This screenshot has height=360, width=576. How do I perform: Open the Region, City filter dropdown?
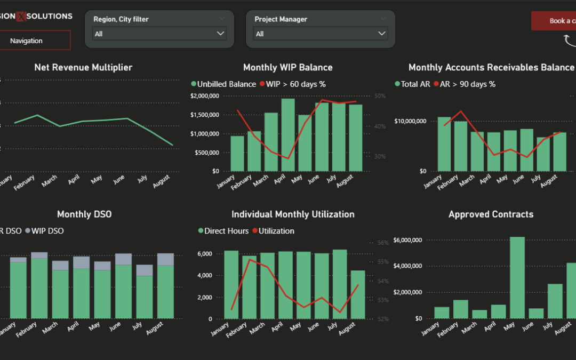[159, 34]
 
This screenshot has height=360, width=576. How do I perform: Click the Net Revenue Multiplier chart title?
[83, 67]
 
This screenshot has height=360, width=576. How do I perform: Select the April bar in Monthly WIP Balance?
[288, 135]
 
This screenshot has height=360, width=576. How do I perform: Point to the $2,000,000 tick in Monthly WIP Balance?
[204, 96]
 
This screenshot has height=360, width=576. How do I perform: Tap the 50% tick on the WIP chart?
[380, 96]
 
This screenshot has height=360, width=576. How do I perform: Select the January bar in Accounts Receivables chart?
[444, 144]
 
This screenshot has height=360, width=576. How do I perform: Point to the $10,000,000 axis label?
[410, 121]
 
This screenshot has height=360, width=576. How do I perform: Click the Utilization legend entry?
[275, 231]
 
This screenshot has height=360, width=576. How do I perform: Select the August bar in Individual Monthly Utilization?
[358, 294]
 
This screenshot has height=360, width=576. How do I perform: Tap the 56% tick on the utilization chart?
[383, 243]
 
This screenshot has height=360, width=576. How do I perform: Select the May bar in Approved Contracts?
[517, 278]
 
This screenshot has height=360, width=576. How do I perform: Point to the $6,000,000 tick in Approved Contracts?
[408, 240]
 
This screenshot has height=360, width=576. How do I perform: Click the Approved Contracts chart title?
[491, 214]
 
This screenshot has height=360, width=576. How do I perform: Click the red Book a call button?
[555, 21]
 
